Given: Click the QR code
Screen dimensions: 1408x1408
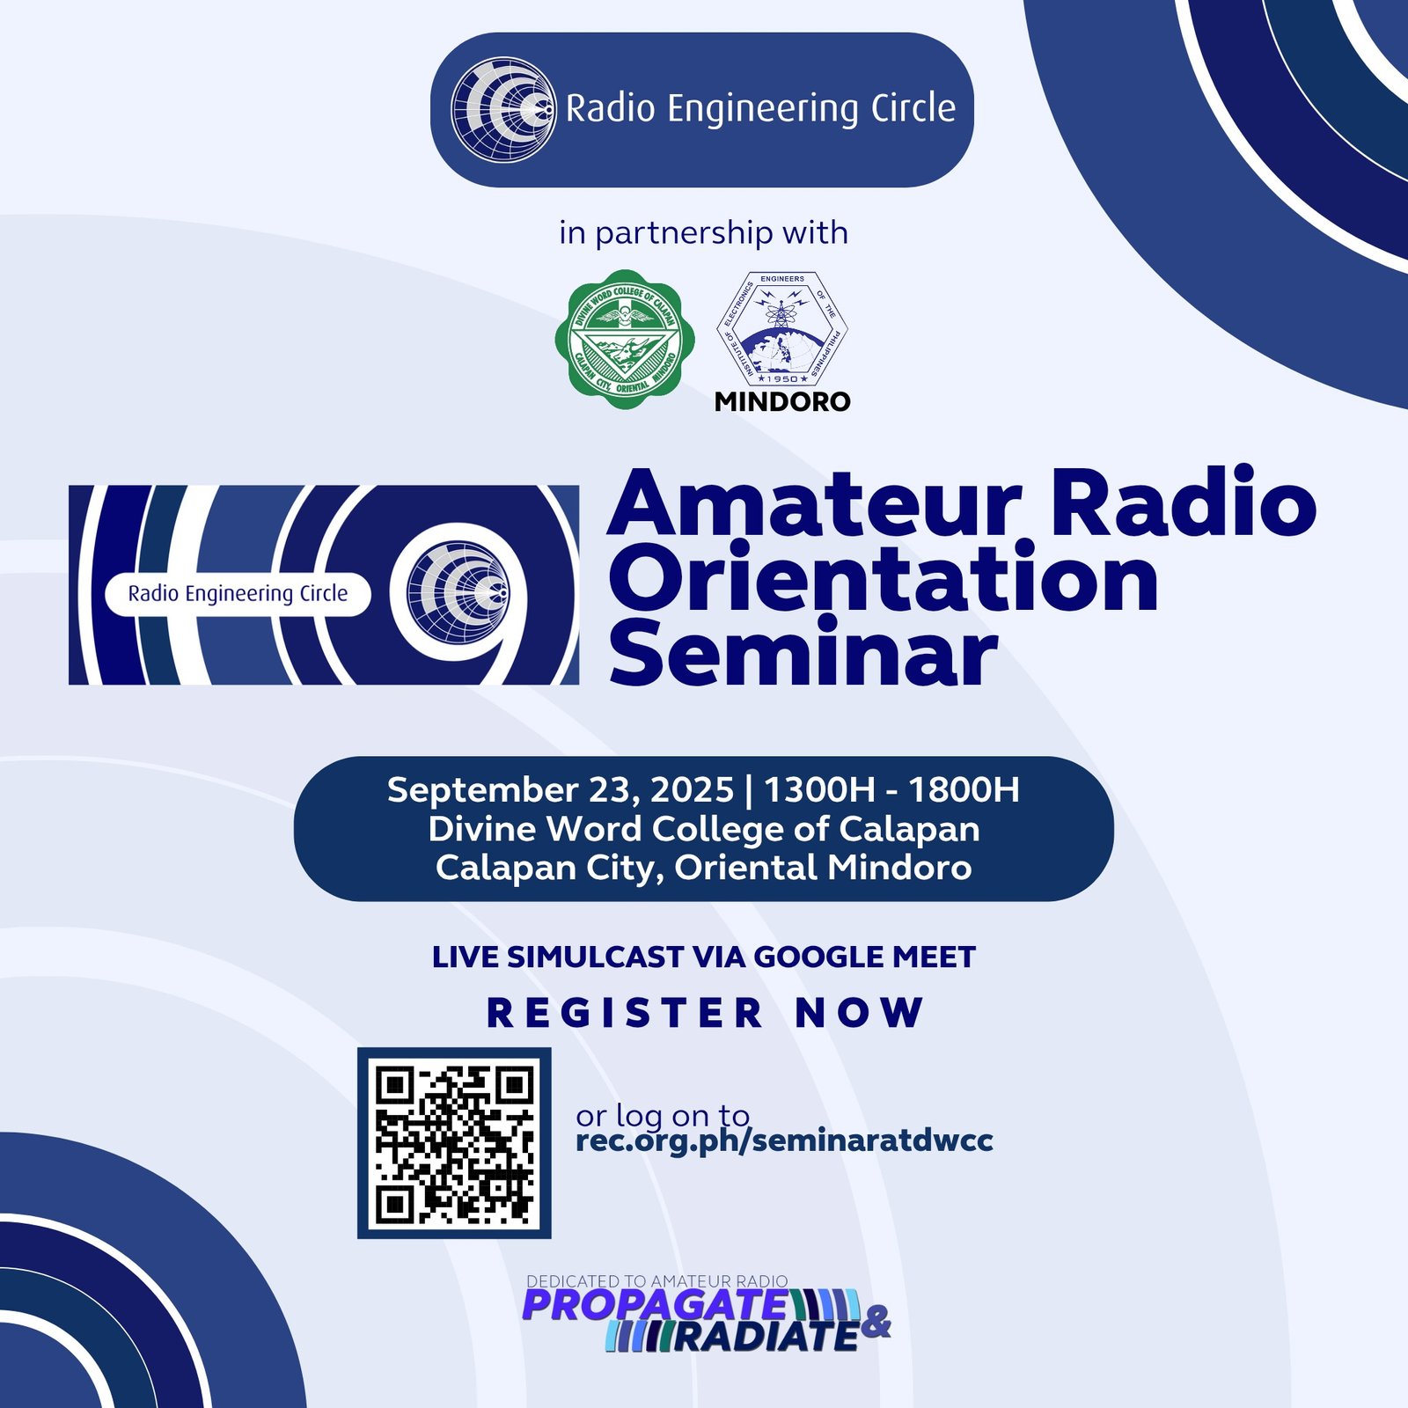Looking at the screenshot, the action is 454,1142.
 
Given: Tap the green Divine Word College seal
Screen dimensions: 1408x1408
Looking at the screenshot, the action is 625,340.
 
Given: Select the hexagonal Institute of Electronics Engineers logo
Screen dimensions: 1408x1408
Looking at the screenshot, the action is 781,327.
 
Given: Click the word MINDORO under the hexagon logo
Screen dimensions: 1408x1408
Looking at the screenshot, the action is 782,401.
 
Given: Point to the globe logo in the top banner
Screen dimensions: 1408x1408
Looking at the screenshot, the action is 503,110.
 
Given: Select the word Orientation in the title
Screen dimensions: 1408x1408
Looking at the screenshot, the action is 884,577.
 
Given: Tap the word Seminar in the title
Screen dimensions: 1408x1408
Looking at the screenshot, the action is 803,652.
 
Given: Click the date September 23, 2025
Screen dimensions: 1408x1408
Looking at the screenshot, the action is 561,789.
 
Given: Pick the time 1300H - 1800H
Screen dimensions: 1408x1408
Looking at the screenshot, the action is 891,789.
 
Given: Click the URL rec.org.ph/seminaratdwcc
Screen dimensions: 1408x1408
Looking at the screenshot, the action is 784,1140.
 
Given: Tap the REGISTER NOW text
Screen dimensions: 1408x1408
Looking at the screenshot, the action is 705,1012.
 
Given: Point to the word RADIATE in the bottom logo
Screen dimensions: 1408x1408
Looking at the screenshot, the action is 766,1337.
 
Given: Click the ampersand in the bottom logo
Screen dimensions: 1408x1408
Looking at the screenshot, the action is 875,1322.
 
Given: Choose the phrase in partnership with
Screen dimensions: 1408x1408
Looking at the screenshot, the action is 704,233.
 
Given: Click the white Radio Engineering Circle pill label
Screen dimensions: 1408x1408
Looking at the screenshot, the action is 238,594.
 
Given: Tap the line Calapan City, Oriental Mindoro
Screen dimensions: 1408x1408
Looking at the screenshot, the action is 704,868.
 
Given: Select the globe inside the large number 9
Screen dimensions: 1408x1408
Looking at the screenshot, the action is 458,591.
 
